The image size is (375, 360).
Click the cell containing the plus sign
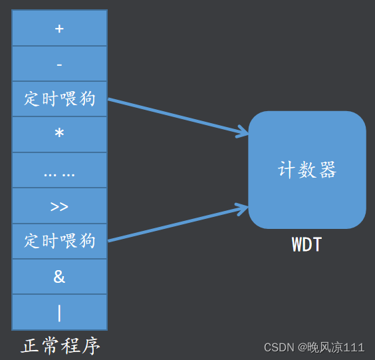point(59,29)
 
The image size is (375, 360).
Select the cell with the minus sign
point(59,64)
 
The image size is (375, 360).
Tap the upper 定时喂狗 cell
point(59,99)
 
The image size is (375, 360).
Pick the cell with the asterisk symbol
point(59,134)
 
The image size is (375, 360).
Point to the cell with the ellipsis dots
point(59,170)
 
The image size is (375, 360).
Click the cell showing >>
point(59,206)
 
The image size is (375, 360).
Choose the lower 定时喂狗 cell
point(59,241)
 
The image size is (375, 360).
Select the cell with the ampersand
point(59,276)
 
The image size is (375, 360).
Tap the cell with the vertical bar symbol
point(59,311)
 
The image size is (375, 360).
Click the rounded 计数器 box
point(307,170)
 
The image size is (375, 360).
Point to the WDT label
point(307,244)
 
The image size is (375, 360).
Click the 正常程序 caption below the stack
point(61,346)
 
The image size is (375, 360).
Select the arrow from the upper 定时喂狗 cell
point(176,117)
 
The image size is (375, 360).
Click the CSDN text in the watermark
point(279,347)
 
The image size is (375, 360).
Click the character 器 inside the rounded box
point(327,170)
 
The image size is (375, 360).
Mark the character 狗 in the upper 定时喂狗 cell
point(87,99)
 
